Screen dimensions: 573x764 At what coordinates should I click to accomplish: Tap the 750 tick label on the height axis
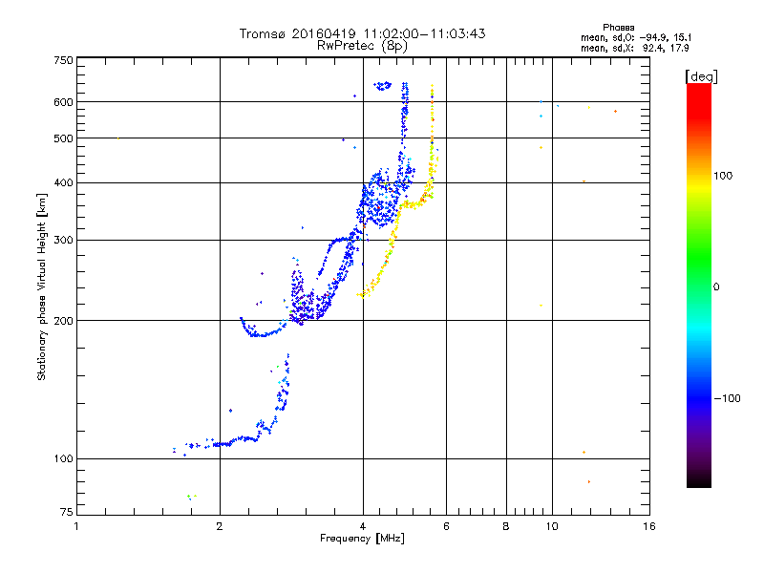tap(63, 59)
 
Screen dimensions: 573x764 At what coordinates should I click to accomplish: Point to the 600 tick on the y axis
tap(63, 101)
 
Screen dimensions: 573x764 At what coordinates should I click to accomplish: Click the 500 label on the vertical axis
tap(63, 138)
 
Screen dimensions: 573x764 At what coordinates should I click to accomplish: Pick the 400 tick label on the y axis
tap(63, 182)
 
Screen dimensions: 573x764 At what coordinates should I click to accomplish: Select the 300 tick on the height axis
tap(63, 240)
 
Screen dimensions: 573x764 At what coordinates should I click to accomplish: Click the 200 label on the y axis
tap(63, 320)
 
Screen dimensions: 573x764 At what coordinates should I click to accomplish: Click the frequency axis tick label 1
tap(76, 526)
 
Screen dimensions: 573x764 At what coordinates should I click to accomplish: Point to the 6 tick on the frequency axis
tap(446, 526)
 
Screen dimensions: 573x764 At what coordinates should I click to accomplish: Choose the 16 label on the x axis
tap(649, 526)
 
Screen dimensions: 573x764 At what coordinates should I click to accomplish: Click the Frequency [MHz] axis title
tap(362, 539)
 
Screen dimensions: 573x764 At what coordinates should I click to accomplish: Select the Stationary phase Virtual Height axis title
tap(42, 286)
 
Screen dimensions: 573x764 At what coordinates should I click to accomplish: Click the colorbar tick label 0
tap(715, 286)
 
